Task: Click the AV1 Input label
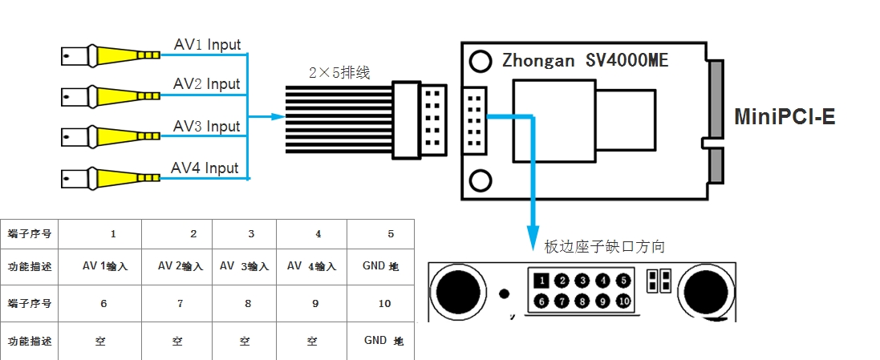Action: tap(207, 45)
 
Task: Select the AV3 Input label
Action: tap(207, 127)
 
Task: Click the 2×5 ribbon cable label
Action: tap(339, 73)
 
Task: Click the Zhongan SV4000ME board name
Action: tap(585, 60)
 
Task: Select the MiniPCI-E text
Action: tap(785, 117)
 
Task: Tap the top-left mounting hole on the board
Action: tap(481, 60)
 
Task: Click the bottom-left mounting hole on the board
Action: tap(481, 180)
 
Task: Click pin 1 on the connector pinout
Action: tap(542, 281)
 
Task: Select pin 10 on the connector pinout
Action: tap(623, 301)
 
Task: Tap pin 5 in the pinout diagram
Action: tap(623, 281)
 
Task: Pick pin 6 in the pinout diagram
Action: tap(542, 301)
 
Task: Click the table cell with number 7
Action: tap(180, 303)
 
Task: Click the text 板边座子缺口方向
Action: tap(605, 246)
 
